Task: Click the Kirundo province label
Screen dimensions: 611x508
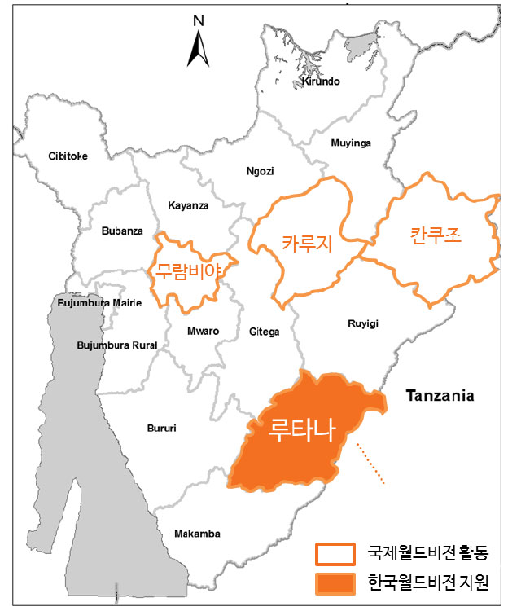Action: [x=320, y=81]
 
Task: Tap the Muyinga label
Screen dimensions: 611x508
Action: [x=351, y=143]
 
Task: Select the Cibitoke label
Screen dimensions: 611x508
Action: [x=68, y=156]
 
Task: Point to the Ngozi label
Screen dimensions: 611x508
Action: [x=261, y=171]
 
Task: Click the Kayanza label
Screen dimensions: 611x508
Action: [x=188, y=205]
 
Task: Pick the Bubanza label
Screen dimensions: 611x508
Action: [x=122, y=231]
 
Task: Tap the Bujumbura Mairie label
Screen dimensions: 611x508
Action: [x=100, y=303]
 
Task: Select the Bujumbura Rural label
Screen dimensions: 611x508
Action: [x=116, y=345]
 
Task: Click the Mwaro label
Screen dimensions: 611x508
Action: [x=204, y=332]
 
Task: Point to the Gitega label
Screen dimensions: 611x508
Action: [x=263, y=332]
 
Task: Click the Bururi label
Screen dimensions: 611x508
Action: [x=161, y=428]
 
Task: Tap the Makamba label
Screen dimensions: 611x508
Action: [x=197, y=534]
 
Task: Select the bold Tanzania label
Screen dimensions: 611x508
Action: [x=440, y=397]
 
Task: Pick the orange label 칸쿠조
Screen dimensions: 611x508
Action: [x=435, y=236]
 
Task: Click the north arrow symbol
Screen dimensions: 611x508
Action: [x=197, y=44]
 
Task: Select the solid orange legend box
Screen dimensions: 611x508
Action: [x=335, y=584]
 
